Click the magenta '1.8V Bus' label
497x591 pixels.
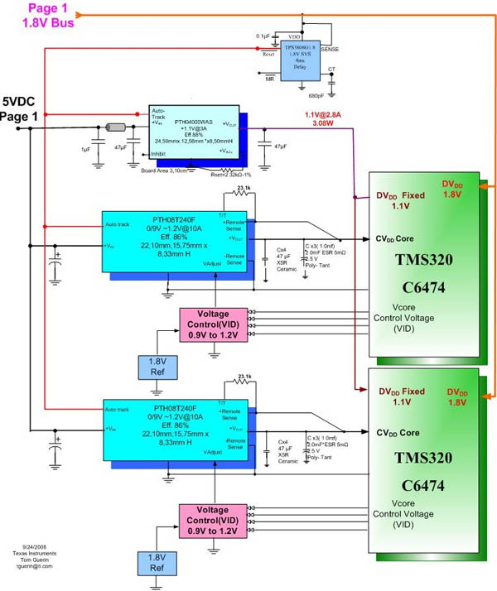[x=51, y=23]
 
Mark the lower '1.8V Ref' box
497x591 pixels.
[x=157, y=560]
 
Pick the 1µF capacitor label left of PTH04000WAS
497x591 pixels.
[x=87, y=148]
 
